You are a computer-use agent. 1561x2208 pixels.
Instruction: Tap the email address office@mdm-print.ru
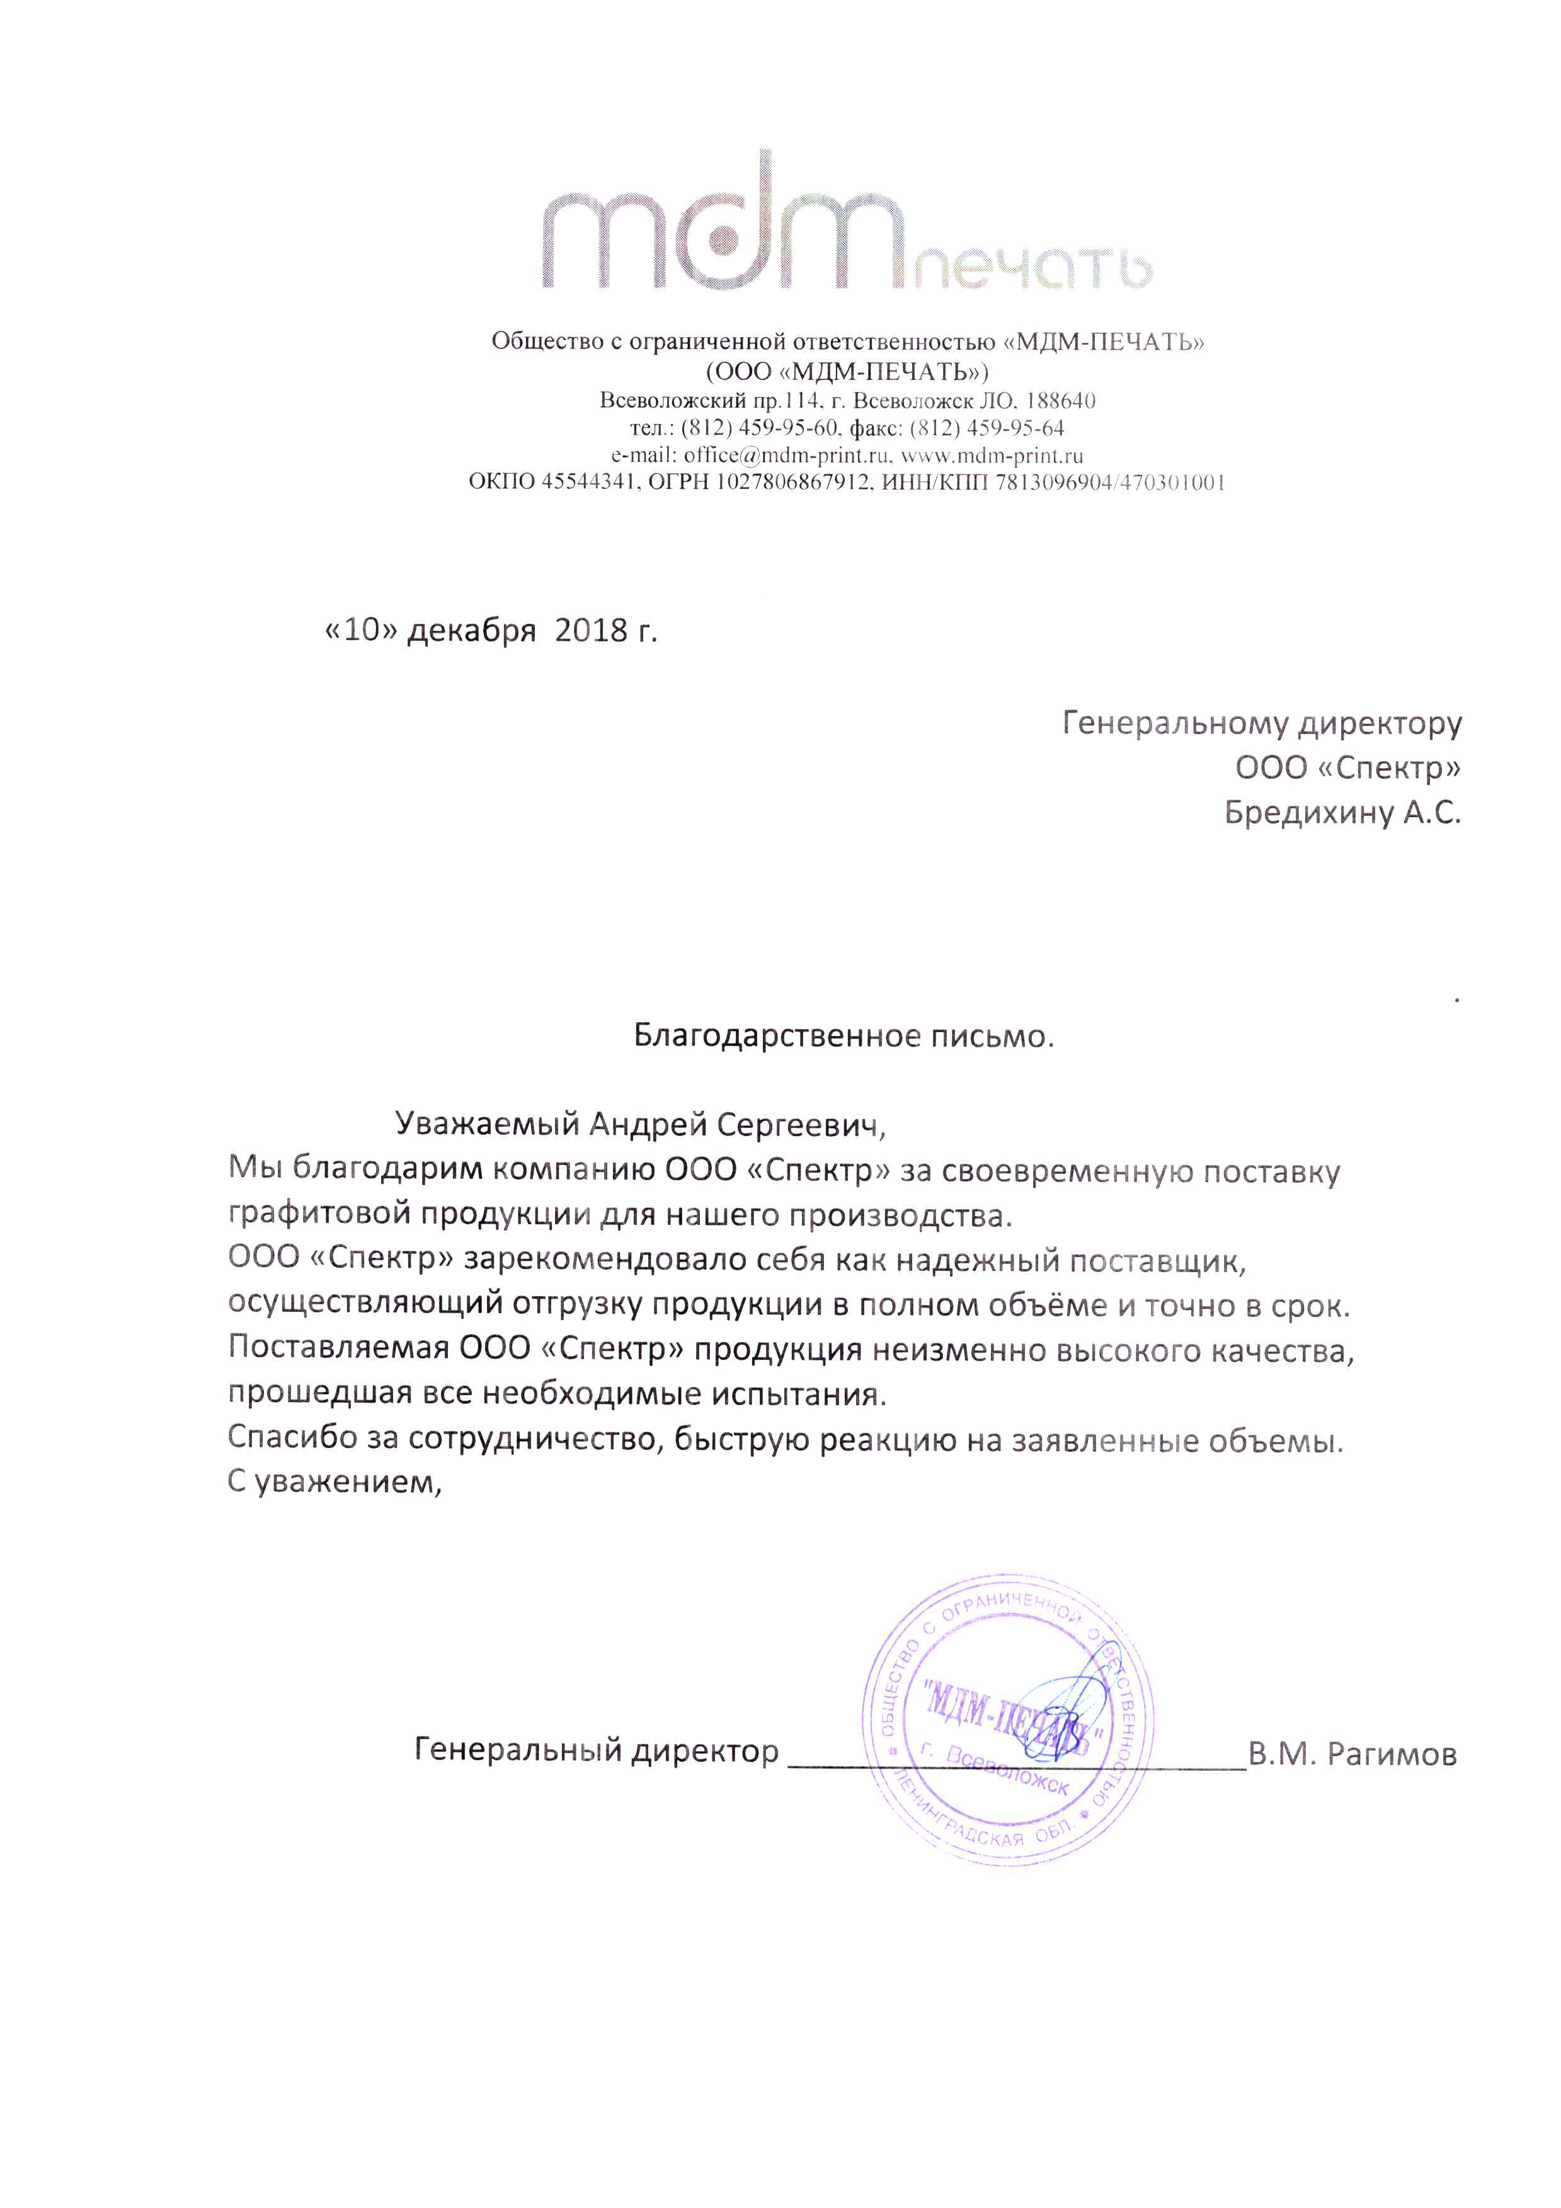786,456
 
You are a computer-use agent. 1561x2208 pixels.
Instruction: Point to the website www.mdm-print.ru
992,456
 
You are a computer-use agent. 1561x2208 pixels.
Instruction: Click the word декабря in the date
471,631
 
